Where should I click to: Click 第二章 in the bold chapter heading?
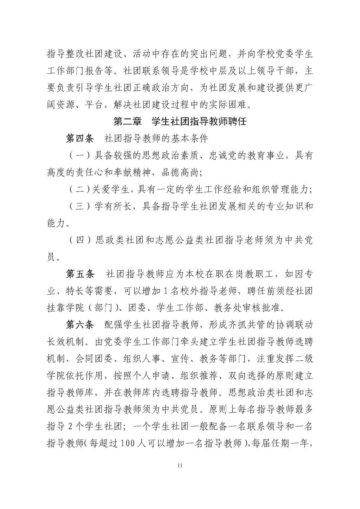coord(127,122)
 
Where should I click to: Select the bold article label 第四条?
coord(80,138)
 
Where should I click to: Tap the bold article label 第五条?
coord(80,274)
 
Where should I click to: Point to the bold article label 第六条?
coord(80,325)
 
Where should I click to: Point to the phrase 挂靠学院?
coord(65,308)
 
